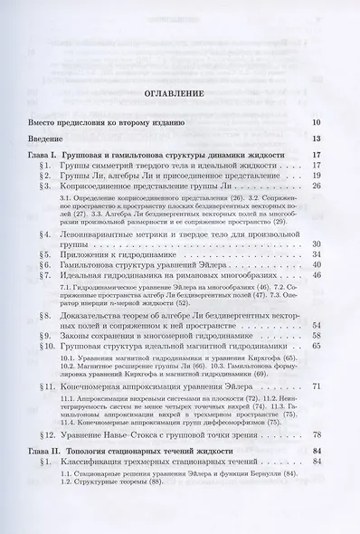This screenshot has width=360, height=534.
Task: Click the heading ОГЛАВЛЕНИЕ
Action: pyautogui.click(x=179, y=93)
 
